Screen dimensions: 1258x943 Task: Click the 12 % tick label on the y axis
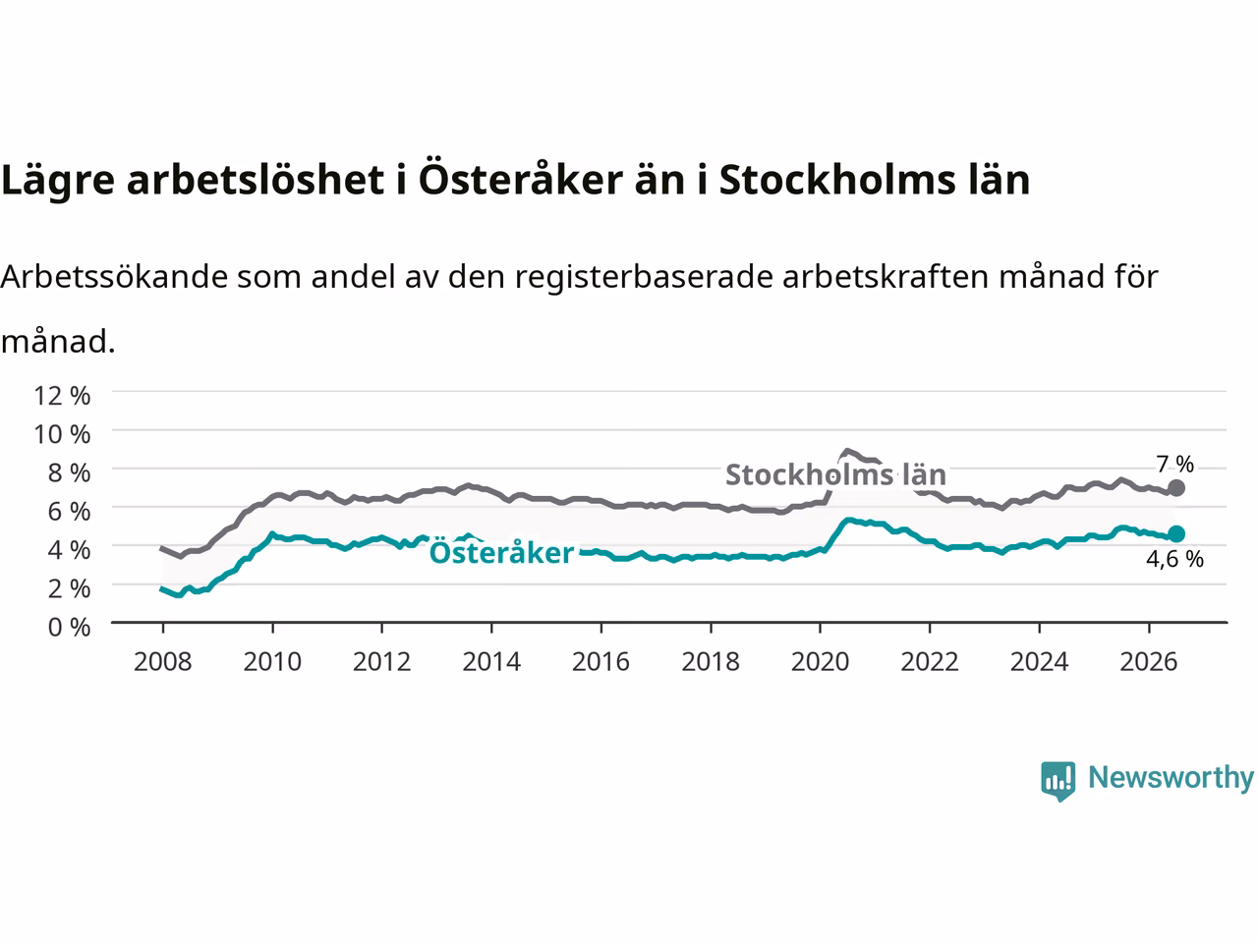(x=62, y=396)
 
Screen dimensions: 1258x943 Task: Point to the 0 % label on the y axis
(x=69, y=628)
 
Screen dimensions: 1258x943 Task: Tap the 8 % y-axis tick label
(x=69, y=472)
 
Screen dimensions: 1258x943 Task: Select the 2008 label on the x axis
(x=163, y=662)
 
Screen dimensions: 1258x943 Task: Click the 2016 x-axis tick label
(x=600, y=662)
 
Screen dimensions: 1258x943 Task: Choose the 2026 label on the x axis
(x=1149, y=662)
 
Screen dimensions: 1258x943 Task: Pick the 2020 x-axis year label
(x=820, y=662)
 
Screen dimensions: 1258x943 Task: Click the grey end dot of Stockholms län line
(x=1176, y=488)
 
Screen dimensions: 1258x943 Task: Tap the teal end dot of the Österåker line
(x=1176, y=533)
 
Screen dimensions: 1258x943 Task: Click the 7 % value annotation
(x=1174, y=464)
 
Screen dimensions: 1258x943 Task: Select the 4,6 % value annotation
(x=1174, y=559)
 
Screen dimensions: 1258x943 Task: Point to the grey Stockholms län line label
(x=835, y=474)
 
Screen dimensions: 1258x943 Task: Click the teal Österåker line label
(x=501, y=551)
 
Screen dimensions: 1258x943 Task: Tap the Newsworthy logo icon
(x=1058, y=781)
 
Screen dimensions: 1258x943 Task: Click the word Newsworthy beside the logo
(x=1171, y=778)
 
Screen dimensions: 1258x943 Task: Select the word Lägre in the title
(x=58, y=181)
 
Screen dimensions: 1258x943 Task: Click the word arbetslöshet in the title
(x=255, y=180)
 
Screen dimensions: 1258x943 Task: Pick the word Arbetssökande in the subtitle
(x=115, y=277)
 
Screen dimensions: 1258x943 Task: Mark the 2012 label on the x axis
(x=381, y=662)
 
